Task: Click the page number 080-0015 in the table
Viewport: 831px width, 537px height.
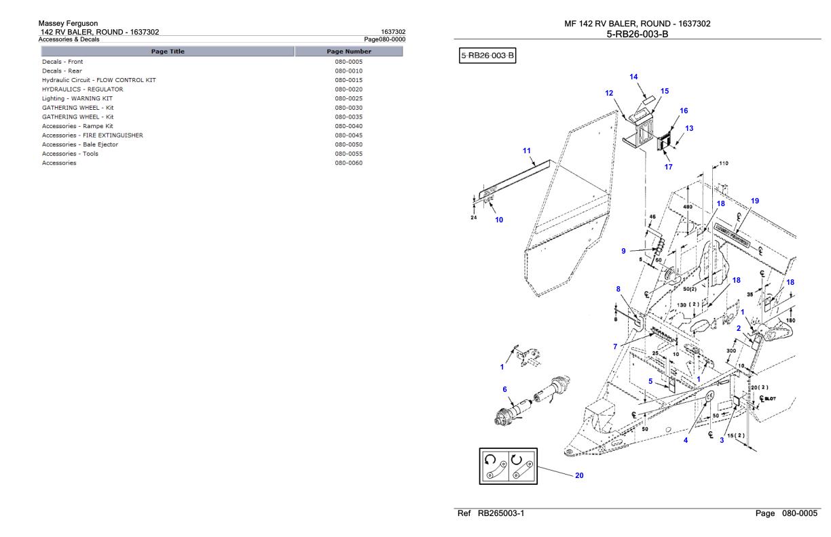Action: (x=348, y=80)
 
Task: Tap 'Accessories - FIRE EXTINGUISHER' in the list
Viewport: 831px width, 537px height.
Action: (x=92, y=135)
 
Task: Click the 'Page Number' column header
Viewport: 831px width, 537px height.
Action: (x=348, y=52)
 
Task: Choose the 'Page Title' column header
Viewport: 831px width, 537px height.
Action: (x=168, y=52)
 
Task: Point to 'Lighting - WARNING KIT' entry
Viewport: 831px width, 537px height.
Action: (x=77, y=98)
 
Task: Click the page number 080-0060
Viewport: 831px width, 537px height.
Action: (x=348, y=163)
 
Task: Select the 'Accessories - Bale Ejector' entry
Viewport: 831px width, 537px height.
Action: (x=80, y=144)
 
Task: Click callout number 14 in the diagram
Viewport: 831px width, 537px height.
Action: (x=633, y=77)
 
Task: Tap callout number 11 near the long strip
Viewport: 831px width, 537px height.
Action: (x=526, y=151)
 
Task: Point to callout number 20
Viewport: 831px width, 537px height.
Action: (x=579, y=475)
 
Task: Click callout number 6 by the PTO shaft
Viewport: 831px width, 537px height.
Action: (x=504, y=389)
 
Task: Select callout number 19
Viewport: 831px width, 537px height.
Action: (x=755, y=201)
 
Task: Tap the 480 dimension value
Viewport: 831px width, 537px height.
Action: (x=687, y=207)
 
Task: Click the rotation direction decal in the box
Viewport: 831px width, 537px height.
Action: (x=508, y=465)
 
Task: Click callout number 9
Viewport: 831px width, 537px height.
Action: (x=623, y=252)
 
